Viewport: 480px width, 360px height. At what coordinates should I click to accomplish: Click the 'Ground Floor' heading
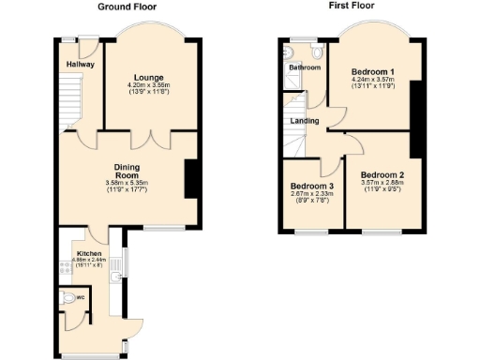tap(127, 6)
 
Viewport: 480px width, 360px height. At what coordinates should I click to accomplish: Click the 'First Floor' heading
tap(352, 6)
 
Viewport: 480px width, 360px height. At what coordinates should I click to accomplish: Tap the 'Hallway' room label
tap(81, 65)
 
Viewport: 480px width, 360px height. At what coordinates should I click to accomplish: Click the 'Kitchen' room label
tap(89, 254)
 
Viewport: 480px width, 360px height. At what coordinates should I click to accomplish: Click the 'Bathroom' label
tap(304, 68)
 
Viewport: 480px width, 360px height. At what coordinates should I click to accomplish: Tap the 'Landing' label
tap(304, 121)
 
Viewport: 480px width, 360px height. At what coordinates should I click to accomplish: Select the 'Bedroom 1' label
tap(372, 71)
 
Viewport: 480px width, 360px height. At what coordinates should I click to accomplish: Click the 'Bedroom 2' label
tap(382, 174)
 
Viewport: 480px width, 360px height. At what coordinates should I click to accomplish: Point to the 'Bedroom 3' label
tap(312, 185)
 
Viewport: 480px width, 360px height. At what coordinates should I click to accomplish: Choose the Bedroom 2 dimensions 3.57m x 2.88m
tap(382, 184)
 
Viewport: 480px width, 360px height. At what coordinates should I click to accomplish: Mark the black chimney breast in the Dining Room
tap(191, 178)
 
